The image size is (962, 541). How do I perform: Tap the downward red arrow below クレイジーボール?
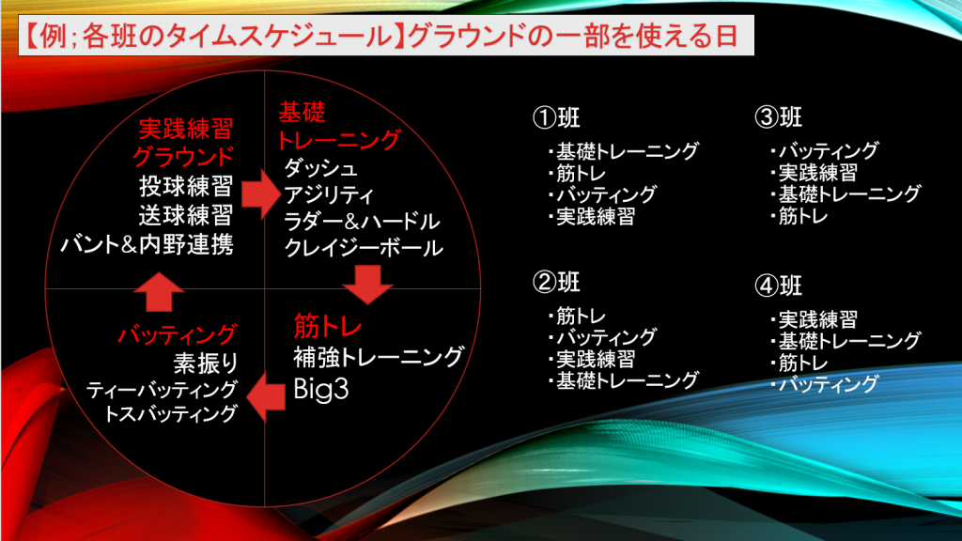pyautogui.click(x=367, y=285)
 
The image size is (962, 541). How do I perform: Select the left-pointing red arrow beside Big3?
pyautogui.click(x=265, y=397)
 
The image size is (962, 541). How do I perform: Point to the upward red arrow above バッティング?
pyautogui.click(x=159, y=292)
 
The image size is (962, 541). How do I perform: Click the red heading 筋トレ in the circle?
pyautogui.click(x=328, y=326)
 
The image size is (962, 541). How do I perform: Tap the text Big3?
pyautogui.click(x=321, y=389)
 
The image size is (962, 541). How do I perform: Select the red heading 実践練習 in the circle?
pyautogui.click(x=186, y=129)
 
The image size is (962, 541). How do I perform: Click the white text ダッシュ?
pyautogui.click(x=320, y=167)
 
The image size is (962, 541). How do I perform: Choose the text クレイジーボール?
pyautogui.click(x=364, y=248)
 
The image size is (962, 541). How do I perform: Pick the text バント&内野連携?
pyautogui.click(x=147, y=245)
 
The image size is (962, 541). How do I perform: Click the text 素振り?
pyautogui.click(x=206, y=363)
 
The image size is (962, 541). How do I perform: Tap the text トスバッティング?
pyautogui.click(x=171, y=414)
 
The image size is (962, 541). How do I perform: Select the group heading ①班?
pyautogui.click(x=556, y=117)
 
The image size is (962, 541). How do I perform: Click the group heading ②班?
pyautogui.click(x=556, y=282)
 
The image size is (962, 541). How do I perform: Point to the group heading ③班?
pyautogui.click(x=779, y=116)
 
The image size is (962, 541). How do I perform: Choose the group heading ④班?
pyautogui.click(x=779, y=286)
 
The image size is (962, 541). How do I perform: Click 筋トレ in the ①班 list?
pyautogui.click(x=581, y=173)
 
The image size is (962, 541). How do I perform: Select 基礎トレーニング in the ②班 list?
pyautogui.click(x=627, y=380)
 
